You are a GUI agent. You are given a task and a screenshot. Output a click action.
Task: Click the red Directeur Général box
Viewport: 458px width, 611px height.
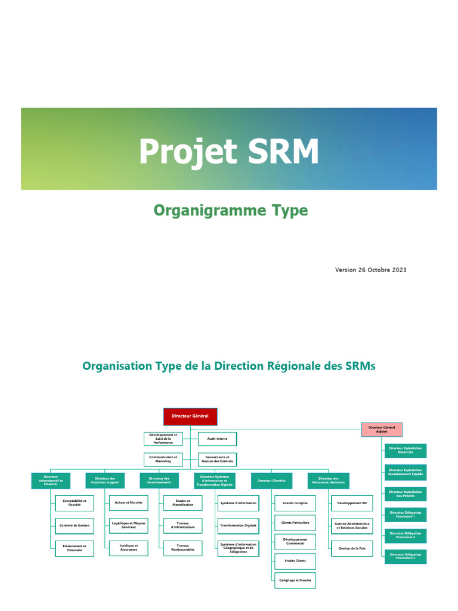(190, 416)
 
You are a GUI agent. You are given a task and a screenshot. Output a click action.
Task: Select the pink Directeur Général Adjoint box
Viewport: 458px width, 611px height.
(382, 429)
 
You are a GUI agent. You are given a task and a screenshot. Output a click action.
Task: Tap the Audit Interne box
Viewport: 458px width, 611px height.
(217, 439)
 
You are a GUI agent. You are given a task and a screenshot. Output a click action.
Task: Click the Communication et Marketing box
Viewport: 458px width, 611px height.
(163, 459)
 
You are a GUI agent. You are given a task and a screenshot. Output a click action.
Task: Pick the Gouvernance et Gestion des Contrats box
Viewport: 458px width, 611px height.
(217, 459)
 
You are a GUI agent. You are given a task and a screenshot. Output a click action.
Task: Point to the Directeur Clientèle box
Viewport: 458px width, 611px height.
(271, 480)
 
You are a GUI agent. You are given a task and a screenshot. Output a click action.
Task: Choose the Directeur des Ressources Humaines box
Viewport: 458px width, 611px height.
(329, 480)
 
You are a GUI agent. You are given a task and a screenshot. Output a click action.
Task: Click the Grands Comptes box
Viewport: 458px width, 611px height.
(295, 504)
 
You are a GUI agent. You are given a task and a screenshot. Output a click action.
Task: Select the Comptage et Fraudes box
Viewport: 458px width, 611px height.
(295, 580)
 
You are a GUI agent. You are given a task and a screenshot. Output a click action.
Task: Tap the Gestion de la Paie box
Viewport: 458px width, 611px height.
(352, 548)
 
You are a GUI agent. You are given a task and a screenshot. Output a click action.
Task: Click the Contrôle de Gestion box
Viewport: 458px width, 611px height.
(74, 526)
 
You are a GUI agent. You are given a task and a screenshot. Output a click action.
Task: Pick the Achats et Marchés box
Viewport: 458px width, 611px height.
(128, 503)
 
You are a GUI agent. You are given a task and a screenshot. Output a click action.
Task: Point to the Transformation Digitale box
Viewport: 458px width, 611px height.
(238, 526)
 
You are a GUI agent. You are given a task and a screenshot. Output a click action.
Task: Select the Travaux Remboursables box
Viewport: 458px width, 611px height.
(183, 548)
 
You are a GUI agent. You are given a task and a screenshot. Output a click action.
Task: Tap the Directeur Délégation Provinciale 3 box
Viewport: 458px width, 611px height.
(405, 556)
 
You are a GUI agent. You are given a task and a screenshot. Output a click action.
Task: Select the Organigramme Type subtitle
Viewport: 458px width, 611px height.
(230, 211)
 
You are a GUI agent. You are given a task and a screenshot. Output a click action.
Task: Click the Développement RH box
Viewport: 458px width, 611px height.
(352, 504)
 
